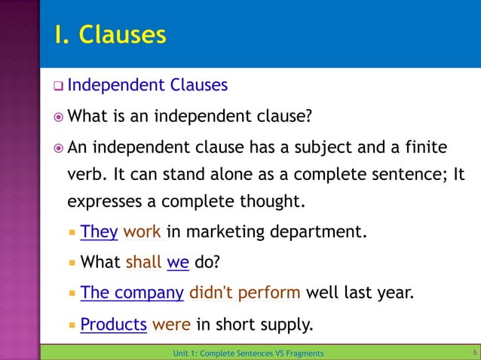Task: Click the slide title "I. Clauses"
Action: click(x=110, y=35)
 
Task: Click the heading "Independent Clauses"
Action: click(x=147, y=85)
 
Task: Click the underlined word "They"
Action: click(x=99, y=231)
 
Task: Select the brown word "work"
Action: click(x=142, y=231)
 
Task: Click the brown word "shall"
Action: click(x=143, y=263)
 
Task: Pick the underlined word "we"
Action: click(x=178, y=263)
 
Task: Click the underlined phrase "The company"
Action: click(x=132, y=293)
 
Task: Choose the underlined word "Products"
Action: click(x=113, y=325)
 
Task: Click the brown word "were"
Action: click(x=171, y=325)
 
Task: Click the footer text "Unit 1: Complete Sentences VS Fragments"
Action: click(x=248, y=353)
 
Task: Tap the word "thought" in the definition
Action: click(x=268, y=202)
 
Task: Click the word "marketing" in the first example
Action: click(x=233, y=231)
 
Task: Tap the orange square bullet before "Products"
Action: click(x=72, y=325)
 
